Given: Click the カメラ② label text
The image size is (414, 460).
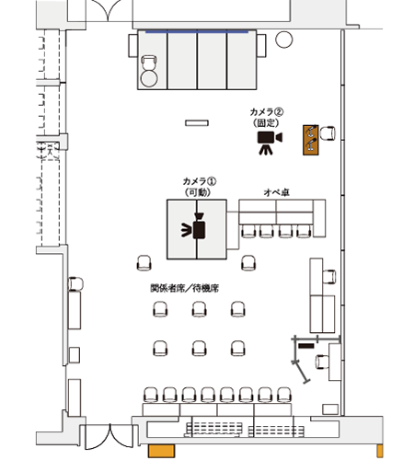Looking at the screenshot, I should pos(268,110).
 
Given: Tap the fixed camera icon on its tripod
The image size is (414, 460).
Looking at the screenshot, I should pos(268,139).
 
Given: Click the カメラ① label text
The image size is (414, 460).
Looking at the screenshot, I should pos(199,180).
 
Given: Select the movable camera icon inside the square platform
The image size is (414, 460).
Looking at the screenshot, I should pos(196,229).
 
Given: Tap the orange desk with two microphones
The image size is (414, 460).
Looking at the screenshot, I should pos(312,139).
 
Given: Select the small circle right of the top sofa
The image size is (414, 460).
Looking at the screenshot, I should pos(283,39).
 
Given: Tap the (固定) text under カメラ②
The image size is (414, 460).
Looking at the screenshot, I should pos(268,121).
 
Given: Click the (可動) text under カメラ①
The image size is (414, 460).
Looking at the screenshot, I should pos(199,191).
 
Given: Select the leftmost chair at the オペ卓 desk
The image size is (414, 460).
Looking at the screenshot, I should pos(247,231).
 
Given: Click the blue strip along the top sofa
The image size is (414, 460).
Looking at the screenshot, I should pos(197,32).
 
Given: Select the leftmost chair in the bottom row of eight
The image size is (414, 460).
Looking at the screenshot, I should pos(151,396).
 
